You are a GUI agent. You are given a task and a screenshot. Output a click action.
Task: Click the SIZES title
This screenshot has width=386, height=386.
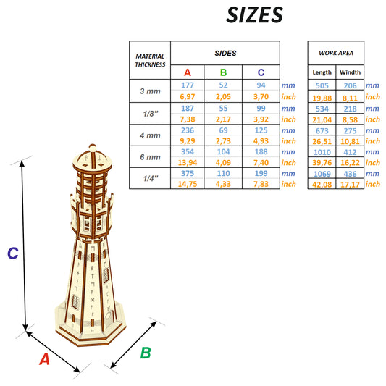tap(254, 15)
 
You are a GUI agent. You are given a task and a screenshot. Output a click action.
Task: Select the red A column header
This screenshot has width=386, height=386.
tap(188, 72)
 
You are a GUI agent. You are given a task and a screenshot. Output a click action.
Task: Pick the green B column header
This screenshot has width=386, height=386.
tap(223, 72)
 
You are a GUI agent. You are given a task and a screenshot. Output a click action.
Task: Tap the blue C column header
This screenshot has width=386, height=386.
tap(261, 72)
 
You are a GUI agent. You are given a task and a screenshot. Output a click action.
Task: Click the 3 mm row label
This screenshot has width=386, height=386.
tap(150, 91)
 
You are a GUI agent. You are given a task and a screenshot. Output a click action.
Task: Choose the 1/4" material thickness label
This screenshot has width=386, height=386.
tap(150, 178)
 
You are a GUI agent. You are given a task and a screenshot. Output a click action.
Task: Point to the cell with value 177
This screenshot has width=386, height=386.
tap(188, 85)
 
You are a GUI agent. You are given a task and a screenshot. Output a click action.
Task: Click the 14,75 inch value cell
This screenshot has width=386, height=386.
tap(188, 184)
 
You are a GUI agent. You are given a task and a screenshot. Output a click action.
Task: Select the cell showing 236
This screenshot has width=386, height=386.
tap(188, 129)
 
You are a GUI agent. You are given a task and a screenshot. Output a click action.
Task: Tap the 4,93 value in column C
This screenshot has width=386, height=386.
tap(261, 140)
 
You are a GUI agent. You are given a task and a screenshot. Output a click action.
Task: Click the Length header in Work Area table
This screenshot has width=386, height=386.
tap(322, 72)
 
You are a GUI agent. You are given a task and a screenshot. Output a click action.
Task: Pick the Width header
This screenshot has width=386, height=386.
tap(350, 72)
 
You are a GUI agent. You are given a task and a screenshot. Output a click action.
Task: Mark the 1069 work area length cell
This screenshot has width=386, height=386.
tap(322, 173)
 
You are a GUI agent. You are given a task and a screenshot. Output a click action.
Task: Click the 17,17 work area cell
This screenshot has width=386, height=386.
tap(350, 184)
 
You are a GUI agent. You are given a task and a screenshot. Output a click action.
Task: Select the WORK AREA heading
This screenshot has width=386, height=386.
tap(335, 54)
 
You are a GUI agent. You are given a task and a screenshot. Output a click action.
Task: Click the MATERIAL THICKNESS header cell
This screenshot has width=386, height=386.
tap(150, 60)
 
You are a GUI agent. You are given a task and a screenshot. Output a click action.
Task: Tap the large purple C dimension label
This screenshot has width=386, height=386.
tap(12, 253)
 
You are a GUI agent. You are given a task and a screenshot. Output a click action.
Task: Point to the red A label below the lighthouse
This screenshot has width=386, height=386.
tap(44, 359)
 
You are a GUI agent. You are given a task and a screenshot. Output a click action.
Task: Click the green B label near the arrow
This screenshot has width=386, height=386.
tap(145, 353)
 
